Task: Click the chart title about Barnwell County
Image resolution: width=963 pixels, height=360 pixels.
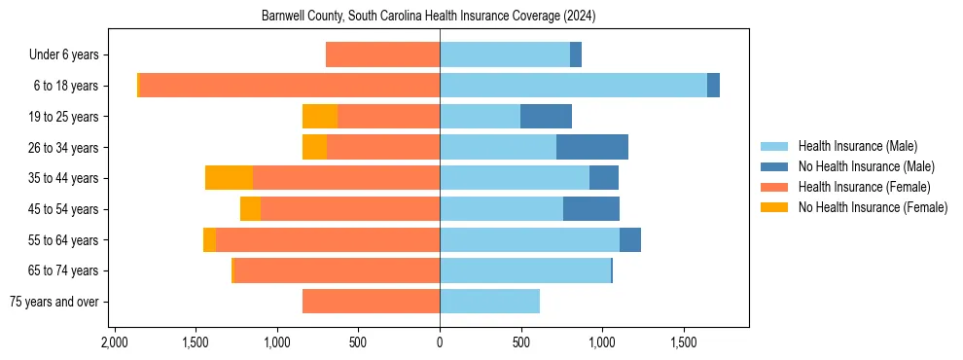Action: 429,17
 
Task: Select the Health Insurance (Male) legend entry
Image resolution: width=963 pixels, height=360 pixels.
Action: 857,146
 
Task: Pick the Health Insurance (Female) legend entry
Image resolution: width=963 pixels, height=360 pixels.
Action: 864,187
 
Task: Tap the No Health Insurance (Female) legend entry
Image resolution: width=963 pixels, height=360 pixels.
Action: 873,207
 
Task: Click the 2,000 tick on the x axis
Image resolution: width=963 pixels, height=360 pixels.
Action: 115,342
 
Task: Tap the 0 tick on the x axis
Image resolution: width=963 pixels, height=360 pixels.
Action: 440,342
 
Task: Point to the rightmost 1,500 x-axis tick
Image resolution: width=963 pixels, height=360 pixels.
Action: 684,342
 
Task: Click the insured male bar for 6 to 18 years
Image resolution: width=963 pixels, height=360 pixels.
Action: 573,86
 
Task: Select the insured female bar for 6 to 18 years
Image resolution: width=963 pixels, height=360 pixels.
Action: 290,86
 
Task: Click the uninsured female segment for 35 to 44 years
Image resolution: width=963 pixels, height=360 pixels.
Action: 229,178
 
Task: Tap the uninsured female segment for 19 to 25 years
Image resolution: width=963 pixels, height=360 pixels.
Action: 320,117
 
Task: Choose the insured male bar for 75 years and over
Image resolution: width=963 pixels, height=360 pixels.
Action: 489,302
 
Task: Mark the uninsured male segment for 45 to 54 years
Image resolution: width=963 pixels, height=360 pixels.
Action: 591,209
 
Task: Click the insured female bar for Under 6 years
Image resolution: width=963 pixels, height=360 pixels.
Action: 382,55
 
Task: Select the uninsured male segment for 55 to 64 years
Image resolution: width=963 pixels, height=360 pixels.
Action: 630,240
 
